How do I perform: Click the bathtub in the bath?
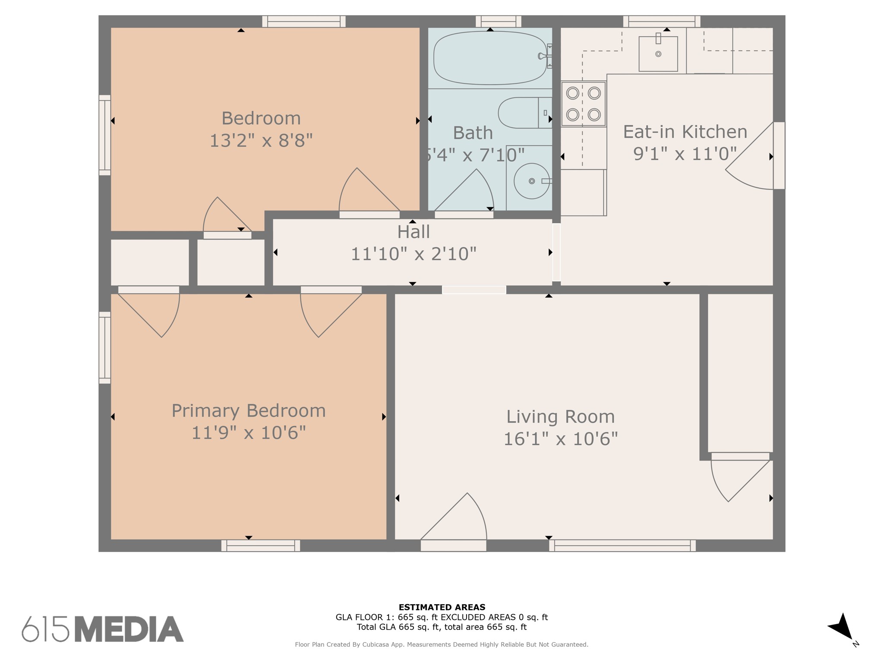[x=490, y=58]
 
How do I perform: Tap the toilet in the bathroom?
[x=525, y=113]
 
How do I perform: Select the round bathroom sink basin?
[x=532, y=181]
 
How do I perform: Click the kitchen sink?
[x=658, y=54]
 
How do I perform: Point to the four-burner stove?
[x=584, y=104]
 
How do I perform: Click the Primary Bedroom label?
[x=249, y=410]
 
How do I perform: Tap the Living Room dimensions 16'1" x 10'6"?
[x=561, y=439]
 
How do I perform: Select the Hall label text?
[x=414, y=232]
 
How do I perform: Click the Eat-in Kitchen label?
[x=685, y=132]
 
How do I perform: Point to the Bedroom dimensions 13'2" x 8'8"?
[x=261, y=140]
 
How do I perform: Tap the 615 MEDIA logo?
[x=103, y=629]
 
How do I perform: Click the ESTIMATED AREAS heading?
[x=442, y=607]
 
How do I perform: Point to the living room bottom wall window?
[x=622, y=546]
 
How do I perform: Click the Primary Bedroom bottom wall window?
[x=261, y=546]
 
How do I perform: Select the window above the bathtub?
[x=499, y=22]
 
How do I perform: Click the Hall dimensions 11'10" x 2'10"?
[x=414, y=254]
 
